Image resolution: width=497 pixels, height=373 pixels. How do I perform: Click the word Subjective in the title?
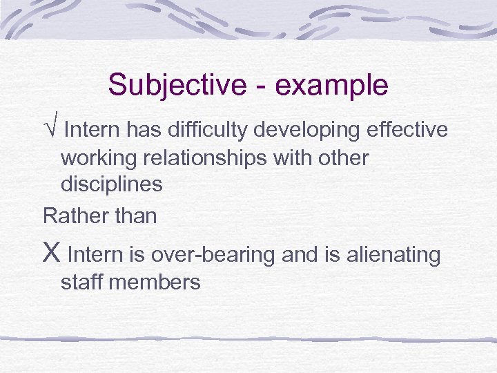[176, 86]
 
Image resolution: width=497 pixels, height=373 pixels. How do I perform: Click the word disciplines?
[112, 184]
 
